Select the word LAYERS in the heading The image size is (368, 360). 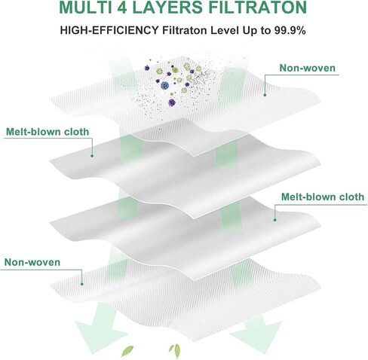pos(167,7)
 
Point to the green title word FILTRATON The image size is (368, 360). pos(258,7)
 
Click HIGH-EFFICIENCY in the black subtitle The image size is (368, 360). pos(109,31)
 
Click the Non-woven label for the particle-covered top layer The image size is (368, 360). pos(308,68)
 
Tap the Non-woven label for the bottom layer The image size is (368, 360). pos(32,262)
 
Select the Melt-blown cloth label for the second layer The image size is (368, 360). pos(48,132)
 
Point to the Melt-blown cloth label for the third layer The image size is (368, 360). pos(323,197)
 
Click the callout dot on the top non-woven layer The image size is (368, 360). pos(265,95)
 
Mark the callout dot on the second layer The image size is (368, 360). pos(92,156)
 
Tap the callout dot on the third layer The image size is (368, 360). pos(275,220)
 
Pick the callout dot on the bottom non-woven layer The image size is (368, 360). pos(82,284)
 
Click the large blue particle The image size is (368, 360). pos(164,86)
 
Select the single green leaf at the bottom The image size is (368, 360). pos(127,351)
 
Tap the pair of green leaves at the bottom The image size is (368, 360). pos(175,351)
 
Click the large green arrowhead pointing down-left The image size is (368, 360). pos(100,329)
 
